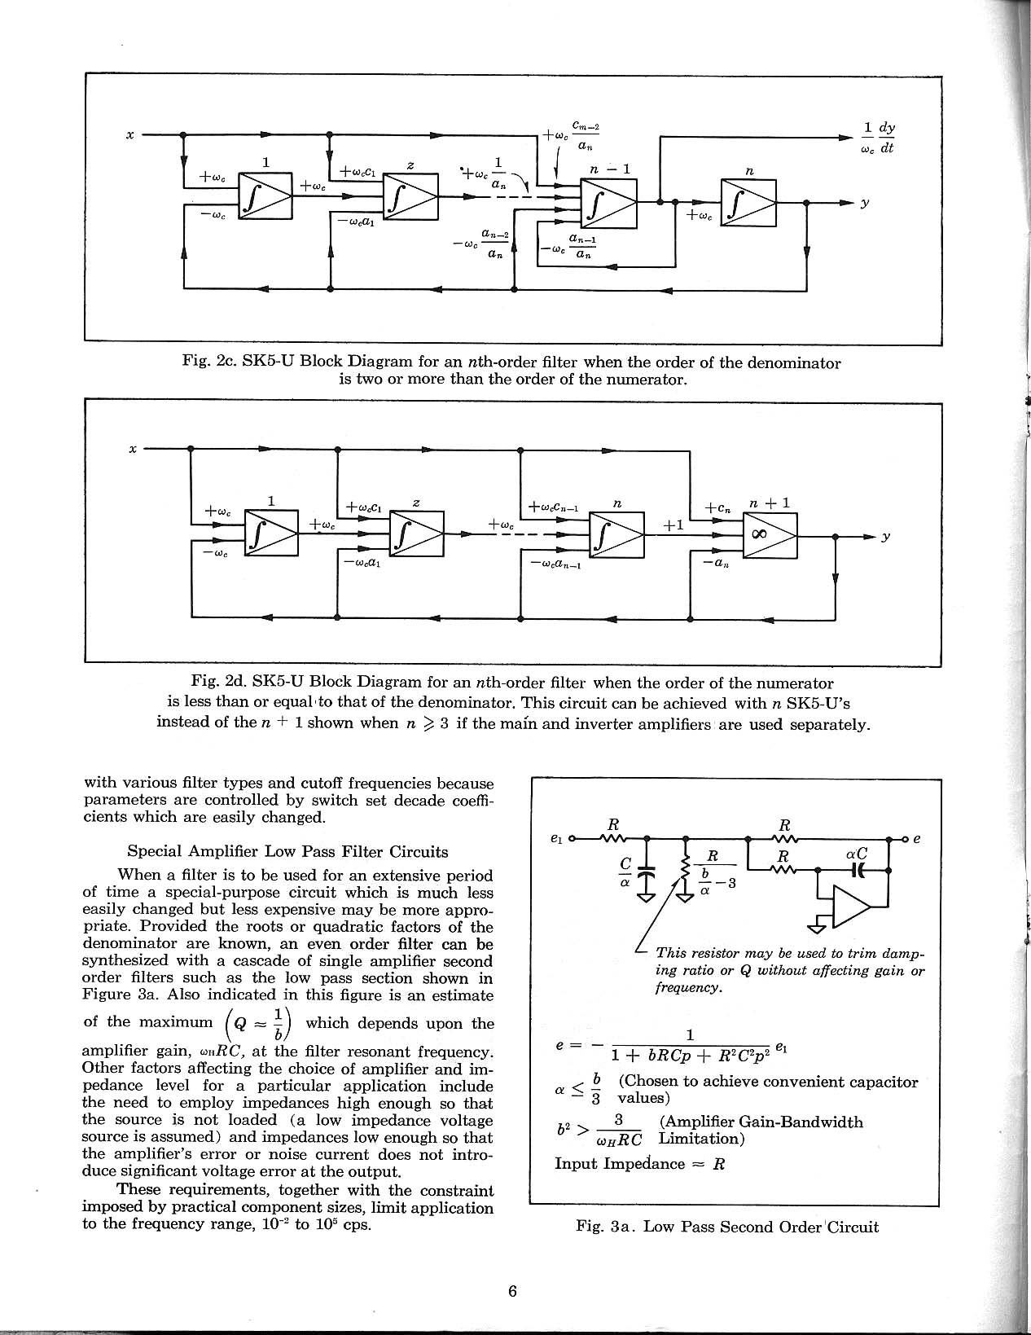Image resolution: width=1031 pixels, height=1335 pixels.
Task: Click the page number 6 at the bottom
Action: click(512, 1291)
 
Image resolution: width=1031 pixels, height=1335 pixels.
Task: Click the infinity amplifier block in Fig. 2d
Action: click(770, 536)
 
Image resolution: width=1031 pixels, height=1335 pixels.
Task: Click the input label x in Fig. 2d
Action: click(133, 448)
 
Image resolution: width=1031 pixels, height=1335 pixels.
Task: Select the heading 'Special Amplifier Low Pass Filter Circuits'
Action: click(287, 852)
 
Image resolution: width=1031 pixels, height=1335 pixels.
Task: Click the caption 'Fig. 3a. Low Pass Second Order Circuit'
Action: click(726, 1227)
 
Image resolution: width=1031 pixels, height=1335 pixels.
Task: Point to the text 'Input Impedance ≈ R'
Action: click(639, 1163)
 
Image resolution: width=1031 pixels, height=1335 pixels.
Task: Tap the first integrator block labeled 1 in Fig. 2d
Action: click(271, 534)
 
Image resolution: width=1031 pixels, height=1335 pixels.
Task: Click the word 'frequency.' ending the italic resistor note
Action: click(687, 987)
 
